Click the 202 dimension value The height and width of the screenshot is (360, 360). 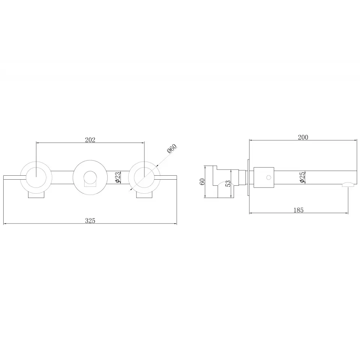[x=90, y=140]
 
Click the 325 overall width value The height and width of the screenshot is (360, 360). [x=90, y=221]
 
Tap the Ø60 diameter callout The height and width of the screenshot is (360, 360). [x=172, y=149]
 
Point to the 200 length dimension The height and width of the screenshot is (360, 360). [x=303, y=137]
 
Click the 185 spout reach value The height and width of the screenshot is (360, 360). [x=298, y=210]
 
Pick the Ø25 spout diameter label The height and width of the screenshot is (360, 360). [x=302, y=177]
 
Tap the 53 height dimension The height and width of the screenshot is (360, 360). [x=228, y=184]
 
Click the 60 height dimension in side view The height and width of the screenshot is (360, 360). [x=202, y=182]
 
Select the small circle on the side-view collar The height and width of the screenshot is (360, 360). [x=269, y=177]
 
